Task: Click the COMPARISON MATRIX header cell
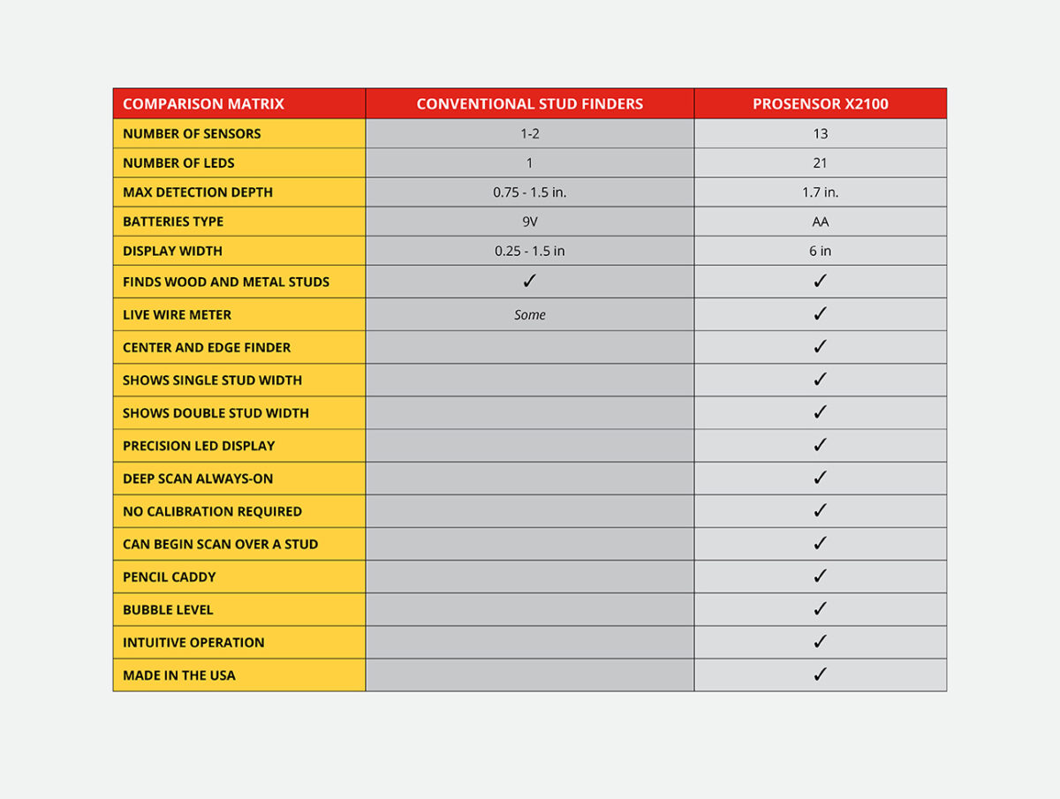click(x=203, y=103)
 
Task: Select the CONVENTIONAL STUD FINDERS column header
click(x=529, y=103)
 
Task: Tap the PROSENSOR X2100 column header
click(x=820, y=103)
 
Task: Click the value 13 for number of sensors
click(x=820, y=133)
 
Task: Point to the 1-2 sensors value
click(x=529, y=133)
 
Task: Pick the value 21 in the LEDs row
click(x=820, y=162)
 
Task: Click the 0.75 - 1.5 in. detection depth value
click(x=529, y=192)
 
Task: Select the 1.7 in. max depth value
click(x=820, y=192)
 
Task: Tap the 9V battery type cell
click(x=529, y=222)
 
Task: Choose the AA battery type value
click(x=820, y=222)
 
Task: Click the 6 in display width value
click(x=820, y=251)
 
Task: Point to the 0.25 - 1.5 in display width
click(x=529, y=251)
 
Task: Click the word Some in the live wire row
click(x=529, y=314)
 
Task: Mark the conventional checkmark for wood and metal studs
click(x=529, y=281)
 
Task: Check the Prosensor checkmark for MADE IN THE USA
click(x=820, y=675)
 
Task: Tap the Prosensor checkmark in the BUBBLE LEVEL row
click(x=820, y=609)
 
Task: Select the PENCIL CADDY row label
click(x=170, y=577)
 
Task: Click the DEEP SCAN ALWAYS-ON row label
click(x=198, y=479)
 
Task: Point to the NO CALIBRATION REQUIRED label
click(x=212, y=511)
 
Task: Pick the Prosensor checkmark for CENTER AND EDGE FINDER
click(x=820, y=347)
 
